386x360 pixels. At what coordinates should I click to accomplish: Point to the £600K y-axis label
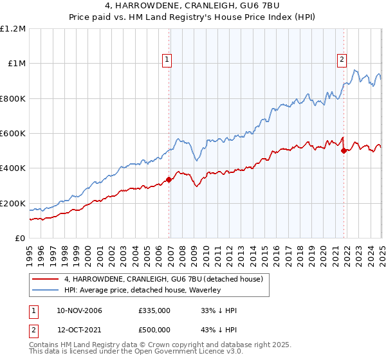click(x=13, y=133)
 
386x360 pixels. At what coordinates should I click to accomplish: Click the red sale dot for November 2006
click(x=169, y=179)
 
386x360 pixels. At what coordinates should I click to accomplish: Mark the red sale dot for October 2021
click(x=344, y=151)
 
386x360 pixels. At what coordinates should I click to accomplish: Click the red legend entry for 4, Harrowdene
click(x=163, y=279)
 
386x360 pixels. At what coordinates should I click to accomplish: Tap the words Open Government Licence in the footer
click(x=149, y=353)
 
